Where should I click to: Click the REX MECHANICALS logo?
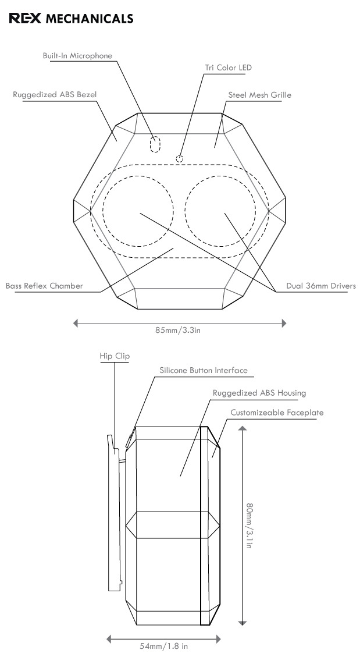[x=71, y=19]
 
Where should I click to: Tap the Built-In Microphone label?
[x=77, y=56]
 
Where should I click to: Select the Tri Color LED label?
[x=228, y=68]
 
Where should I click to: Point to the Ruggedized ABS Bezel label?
[x=55, y=94]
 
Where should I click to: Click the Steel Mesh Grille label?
[x=260, y=94]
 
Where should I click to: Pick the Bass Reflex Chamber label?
[x=44, y=286]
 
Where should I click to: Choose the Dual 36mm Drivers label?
[x=321, y=286]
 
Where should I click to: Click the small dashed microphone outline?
[x=155, y=144]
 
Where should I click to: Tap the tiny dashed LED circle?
[x=180, y=158]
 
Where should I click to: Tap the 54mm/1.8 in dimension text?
[x=163, y=646]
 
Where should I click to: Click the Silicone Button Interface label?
[x=204, y=370]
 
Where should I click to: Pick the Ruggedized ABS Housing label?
[x=259, y=393]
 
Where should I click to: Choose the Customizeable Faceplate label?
[x=277, y=413]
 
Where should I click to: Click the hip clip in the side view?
[x=114, y=512]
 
